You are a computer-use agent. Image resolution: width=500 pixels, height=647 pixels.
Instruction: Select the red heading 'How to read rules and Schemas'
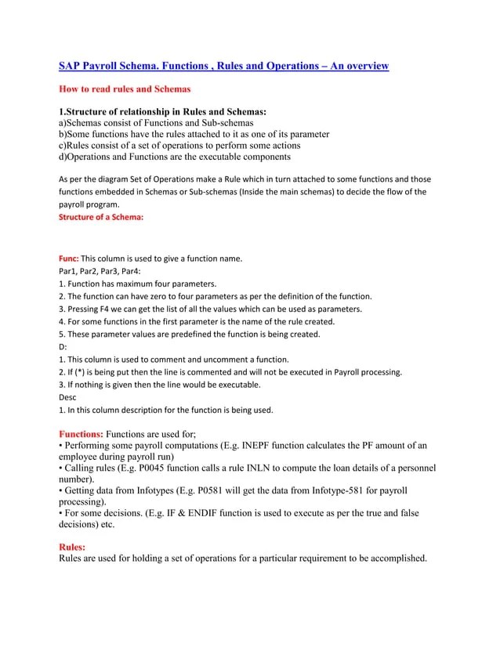click(x=125, y=89)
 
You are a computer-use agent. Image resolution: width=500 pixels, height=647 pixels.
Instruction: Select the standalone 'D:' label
click(x=63, y=346)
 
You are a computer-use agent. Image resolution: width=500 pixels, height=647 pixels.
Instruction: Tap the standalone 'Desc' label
click(x=68, y=396)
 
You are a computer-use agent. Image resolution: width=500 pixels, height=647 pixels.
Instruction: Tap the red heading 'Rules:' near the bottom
click(x=73, y=547)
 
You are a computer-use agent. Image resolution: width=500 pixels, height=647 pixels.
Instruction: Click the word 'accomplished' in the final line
click(x=398, y=558)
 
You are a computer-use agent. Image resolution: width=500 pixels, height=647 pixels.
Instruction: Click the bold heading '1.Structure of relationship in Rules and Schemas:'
click(x=163, y=112)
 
